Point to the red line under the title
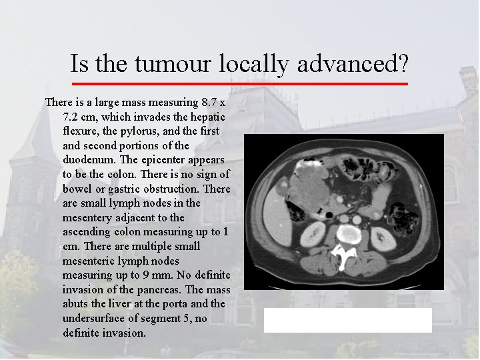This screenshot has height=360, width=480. point(239,84)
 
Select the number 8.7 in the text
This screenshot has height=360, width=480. point(209,103)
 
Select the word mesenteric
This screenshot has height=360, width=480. point(91,261)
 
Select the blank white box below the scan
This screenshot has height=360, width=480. point(347,320)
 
